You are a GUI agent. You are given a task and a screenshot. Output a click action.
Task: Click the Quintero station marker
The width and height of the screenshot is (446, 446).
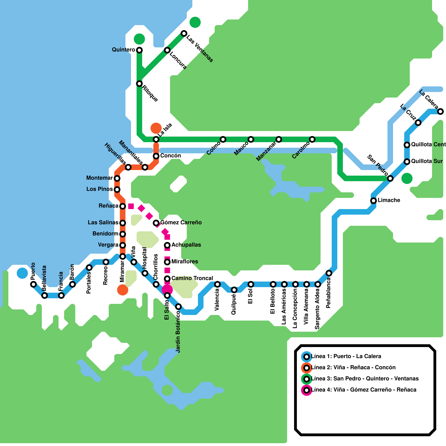(x=139, y=50)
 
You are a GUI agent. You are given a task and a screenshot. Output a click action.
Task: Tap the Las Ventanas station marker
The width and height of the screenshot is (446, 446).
(x=184, y=33)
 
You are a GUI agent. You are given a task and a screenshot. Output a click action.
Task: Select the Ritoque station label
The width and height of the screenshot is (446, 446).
(x=150, y=93)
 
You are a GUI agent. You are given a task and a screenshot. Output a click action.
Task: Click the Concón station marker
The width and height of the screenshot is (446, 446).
(x=156, y=156)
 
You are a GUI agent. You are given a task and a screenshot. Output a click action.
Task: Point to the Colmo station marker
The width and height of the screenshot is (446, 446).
(x=223, y=139)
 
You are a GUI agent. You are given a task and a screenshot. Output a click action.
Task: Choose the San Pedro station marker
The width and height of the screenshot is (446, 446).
(x=390, y=178)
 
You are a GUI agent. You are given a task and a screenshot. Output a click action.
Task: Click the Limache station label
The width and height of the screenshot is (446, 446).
(x=389, y=200)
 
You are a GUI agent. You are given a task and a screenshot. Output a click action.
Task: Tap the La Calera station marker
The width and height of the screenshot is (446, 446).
(x=440, y=111)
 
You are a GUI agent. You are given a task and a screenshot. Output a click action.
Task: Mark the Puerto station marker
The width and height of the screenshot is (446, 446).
(x=33, y=284)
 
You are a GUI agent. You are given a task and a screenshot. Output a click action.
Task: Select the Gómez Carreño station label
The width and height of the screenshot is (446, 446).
(x=181, y=222)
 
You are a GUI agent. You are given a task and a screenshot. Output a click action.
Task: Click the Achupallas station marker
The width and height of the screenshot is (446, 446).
(x=167, y=245)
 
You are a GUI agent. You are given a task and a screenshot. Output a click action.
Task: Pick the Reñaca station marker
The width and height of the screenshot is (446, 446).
(x=123, y=206)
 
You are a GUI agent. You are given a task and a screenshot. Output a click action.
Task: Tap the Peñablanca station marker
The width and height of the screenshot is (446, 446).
(x=329, y=273)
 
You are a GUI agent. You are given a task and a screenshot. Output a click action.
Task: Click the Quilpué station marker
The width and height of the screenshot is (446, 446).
(x=234, y=290)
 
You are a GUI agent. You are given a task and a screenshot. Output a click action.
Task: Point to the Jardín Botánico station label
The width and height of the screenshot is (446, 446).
(x=178, y=332)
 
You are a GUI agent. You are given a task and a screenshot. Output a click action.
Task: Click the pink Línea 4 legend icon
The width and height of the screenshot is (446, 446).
(x=307, y=390)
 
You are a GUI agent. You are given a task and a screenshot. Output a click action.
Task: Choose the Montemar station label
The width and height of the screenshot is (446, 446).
(x=100, y=178)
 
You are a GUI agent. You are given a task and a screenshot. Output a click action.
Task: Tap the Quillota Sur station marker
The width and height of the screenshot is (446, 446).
(x=407, y=162)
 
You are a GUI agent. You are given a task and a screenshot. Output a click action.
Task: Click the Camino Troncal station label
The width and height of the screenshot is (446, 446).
(x=192, y=278)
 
